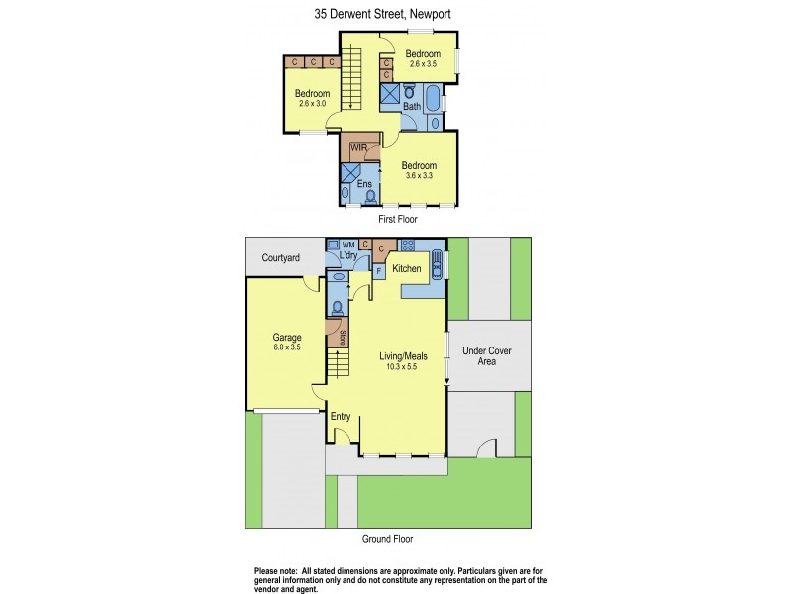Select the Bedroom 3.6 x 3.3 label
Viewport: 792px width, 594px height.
coord(419,170)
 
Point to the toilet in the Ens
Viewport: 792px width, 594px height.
coord(370,196)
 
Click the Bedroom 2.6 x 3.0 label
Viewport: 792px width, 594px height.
coord(312,98)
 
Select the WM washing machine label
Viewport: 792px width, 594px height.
coord(348,244)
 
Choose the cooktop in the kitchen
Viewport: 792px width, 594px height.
coord(407,245)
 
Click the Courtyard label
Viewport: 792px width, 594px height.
coord(281,258)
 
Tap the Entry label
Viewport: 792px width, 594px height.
coord(341,416)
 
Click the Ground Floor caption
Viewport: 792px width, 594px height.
coord(387,539)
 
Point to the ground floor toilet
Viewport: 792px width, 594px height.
coord(338,306)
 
